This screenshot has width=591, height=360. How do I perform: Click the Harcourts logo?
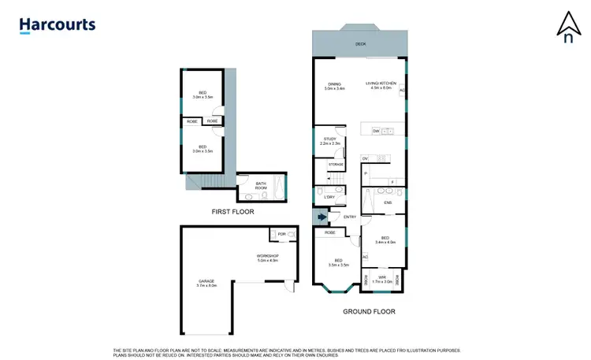click(58, 24)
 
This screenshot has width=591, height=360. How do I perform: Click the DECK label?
click(361, 44)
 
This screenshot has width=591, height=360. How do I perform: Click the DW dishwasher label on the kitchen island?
click(376, 130)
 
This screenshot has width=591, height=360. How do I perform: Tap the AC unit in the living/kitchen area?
click(403, 91)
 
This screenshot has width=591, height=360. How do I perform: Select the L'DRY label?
click(330, 197)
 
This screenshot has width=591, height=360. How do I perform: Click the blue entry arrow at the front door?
click(320, 217)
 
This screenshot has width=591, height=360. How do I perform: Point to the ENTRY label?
click(350, 217)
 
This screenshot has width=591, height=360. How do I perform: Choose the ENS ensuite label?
click(388, 203)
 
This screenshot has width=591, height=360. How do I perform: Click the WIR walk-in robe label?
click(381, 277)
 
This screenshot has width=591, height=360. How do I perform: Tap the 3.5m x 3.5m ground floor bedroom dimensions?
click(337, 264)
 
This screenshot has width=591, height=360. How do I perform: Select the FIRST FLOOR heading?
click(232, 212)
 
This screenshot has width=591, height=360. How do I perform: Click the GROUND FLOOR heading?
click(369, 311)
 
